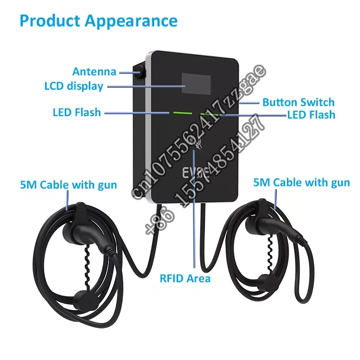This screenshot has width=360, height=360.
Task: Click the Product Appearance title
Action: coord(99,21)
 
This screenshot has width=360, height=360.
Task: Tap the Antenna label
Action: coord(94,72)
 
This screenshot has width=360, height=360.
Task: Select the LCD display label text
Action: coord(73,86)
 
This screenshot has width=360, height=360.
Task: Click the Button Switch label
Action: coord(298,102)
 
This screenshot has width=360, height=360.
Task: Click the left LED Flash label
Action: coord(77,112)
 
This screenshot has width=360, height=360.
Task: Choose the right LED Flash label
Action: coord(311,115)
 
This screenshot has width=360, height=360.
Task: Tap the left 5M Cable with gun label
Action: coord(69,185)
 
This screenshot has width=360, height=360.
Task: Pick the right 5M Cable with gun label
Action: coord(302,182)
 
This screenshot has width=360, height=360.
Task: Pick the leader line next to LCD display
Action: coord(144,86)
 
